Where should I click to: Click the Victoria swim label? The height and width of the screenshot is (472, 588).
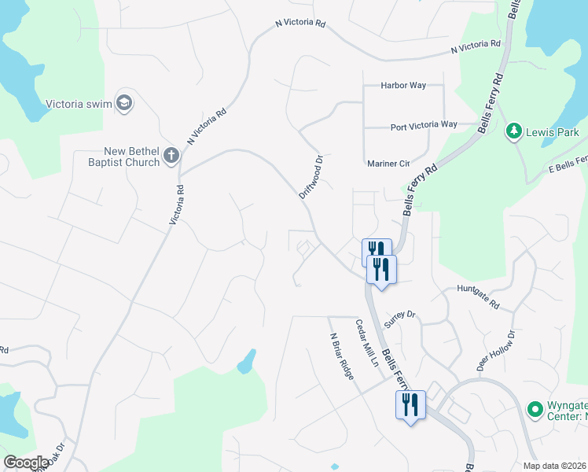pyautogui.click(x=79, y=103)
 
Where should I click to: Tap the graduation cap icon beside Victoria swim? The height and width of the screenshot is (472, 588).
pyautogui.click(x=124, y=102)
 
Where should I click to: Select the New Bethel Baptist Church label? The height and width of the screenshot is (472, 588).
pyautogui.click(x=131, y=157)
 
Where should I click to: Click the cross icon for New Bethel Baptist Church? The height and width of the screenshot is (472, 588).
pyautogui.click(x=171, y=157)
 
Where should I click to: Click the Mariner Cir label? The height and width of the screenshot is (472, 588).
pyautogui.click(x=390, y=164)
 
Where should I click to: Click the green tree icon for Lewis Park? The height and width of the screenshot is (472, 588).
pyautogui.click(x=514, y=131)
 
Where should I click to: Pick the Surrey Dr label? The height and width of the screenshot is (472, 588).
pyautogui.click(x=399, y=319)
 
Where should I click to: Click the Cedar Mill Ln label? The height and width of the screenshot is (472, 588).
pyautogui.click(x=366, y=344)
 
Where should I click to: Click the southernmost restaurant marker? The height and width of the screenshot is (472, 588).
pyautogui.click(x=410, y=405)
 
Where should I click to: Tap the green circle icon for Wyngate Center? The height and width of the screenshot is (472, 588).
pyautogui.click(x=535, y=409)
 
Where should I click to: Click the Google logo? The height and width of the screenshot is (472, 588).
pyautogui.click(x=26, y=463)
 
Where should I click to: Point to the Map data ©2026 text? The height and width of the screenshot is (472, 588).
pyautogui.click(x=554, y=466)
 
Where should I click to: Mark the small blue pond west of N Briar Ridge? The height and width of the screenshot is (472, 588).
pyautogui.click(x=247, y=361)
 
